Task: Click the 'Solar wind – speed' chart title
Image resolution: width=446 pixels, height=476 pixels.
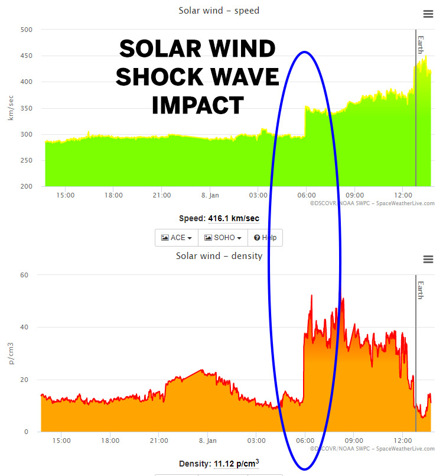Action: [x=219, y=11]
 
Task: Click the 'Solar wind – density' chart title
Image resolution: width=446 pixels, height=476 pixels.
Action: [x=219, y=256]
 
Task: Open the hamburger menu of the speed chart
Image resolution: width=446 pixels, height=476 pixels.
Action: [x=428, y=14]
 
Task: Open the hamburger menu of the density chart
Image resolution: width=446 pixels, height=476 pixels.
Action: [x=428, y=260]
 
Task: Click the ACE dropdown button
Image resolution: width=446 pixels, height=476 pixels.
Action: [x=177, y=238]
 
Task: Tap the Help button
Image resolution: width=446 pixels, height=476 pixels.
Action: [x=265, y=238]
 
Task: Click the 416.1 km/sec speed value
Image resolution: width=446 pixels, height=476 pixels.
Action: [x=233, y=219]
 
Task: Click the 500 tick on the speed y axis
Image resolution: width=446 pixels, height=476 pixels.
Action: [x=26, y=30]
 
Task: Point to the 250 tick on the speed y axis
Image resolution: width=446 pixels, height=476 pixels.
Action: [x=26, y=161]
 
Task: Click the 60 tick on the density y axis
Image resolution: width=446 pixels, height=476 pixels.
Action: [x=25, y=275]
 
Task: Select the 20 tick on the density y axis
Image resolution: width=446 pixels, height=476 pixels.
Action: [x=25, y=380]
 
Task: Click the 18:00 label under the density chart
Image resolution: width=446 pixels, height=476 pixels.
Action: [x=110, y=441]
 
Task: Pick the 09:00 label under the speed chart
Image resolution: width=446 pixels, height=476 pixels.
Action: [x=354, y=195]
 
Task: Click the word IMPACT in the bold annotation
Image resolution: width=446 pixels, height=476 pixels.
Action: [x=197, y=105]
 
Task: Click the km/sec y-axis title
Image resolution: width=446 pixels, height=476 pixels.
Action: [x=10, y=108]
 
